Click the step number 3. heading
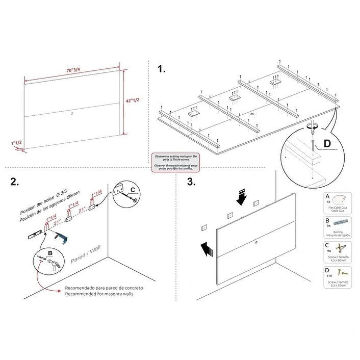pos(191,182)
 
